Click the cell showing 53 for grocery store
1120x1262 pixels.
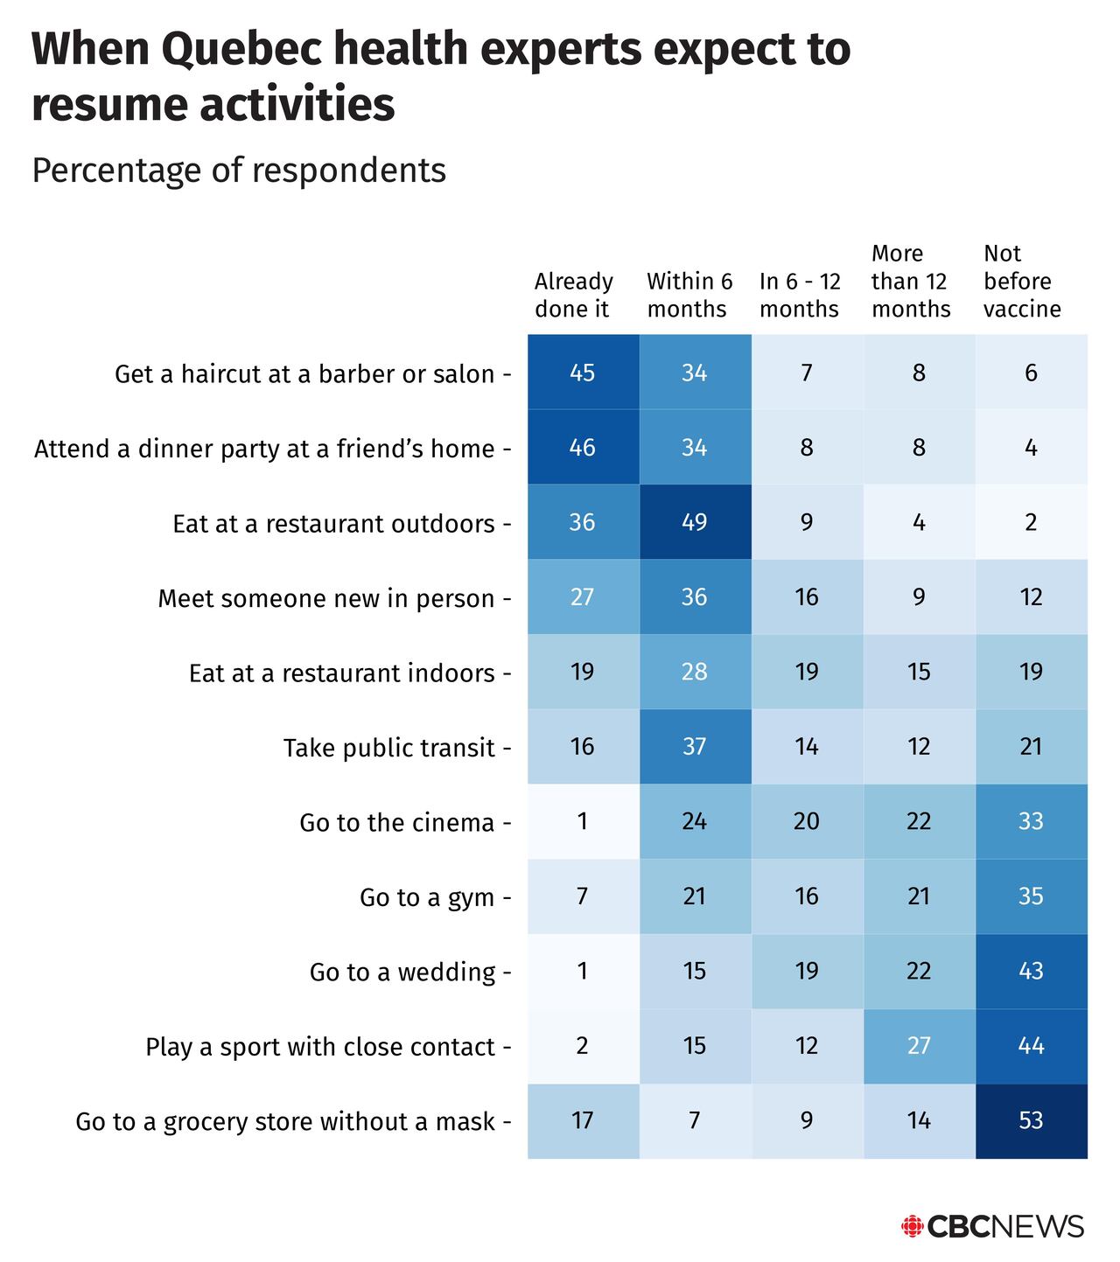[x=1031, y=1120]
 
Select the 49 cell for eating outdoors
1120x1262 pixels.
[x=694, y=522]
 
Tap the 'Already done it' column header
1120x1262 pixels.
[x=574, y=295]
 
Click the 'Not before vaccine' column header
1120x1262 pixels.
[x=1021, y=281]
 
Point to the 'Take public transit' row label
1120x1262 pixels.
[x=388, y=748]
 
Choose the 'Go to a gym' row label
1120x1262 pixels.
[x=427, y=897]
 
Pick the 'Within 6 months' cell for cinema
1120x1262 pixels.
[x=694, y=821]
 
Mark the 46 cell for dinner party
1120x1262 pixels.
[x=582, y=448]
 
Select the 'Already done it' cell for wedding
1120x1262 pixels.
[x=582, y=971]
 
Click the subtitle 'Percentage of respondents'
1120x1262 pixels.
[x=239, y=170]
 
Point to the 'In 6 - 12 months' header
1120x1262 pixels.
[x=800, y=295]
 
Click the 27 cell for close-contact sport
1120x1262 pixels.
[x=919, y=1046]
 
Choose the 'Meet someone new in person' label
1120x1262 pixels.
[x=325, y=598]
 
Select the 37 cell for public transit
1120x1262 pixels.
[x=694, y=746]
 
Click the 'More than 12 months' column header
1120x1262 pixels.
[x=911, y=281]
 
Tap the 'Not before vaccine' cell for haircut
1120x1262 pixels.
[x=1031, y=373]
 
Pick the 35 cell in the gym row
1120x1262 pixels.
[x=1031, y=896]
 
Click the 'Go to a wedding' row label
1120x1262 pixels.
[x=402, y=972]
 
